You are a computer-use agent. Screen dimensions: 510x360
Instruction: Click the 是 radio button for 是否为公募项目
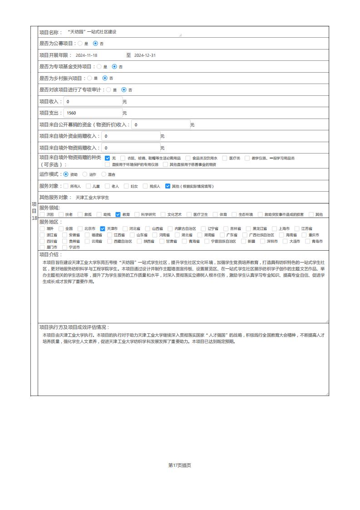80,44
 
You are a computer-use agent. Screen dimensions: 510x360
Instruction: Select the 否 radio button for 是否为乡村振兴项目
105,78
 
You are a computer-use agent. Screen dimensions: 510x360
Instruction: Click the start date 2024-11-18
86,55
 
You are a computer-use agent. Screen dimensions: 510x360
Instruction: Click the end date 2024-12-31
145,55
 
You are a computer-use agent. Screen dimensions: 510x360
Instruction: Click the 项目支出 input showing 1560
93,113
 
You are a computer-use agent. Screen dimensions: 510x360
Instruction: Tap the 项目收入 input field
93,101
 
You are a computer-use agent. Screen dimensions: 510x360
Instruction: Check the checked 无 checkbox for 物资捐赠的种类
108,158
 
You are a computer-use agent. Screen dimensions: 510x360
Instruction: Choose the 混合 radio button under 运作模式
104,174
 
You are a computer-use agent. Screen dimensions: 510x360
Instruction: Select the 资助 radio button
66,174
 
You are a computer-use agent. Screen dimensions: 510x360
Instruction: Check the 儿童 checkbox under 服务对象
88,186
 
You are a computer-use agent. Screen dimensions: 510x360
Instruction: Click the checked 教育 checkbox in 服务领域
118,214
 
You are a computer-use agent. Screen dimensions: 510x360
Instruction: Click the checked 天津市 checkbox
103,228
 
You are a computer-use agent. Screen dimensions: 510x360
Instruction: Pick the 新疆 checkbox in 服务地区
243,241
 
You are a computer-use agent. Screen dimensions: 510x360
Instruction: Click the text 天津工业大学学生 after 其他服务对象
92,198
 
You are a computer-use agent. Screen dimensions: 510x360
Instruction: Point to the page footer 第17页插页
180,465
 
